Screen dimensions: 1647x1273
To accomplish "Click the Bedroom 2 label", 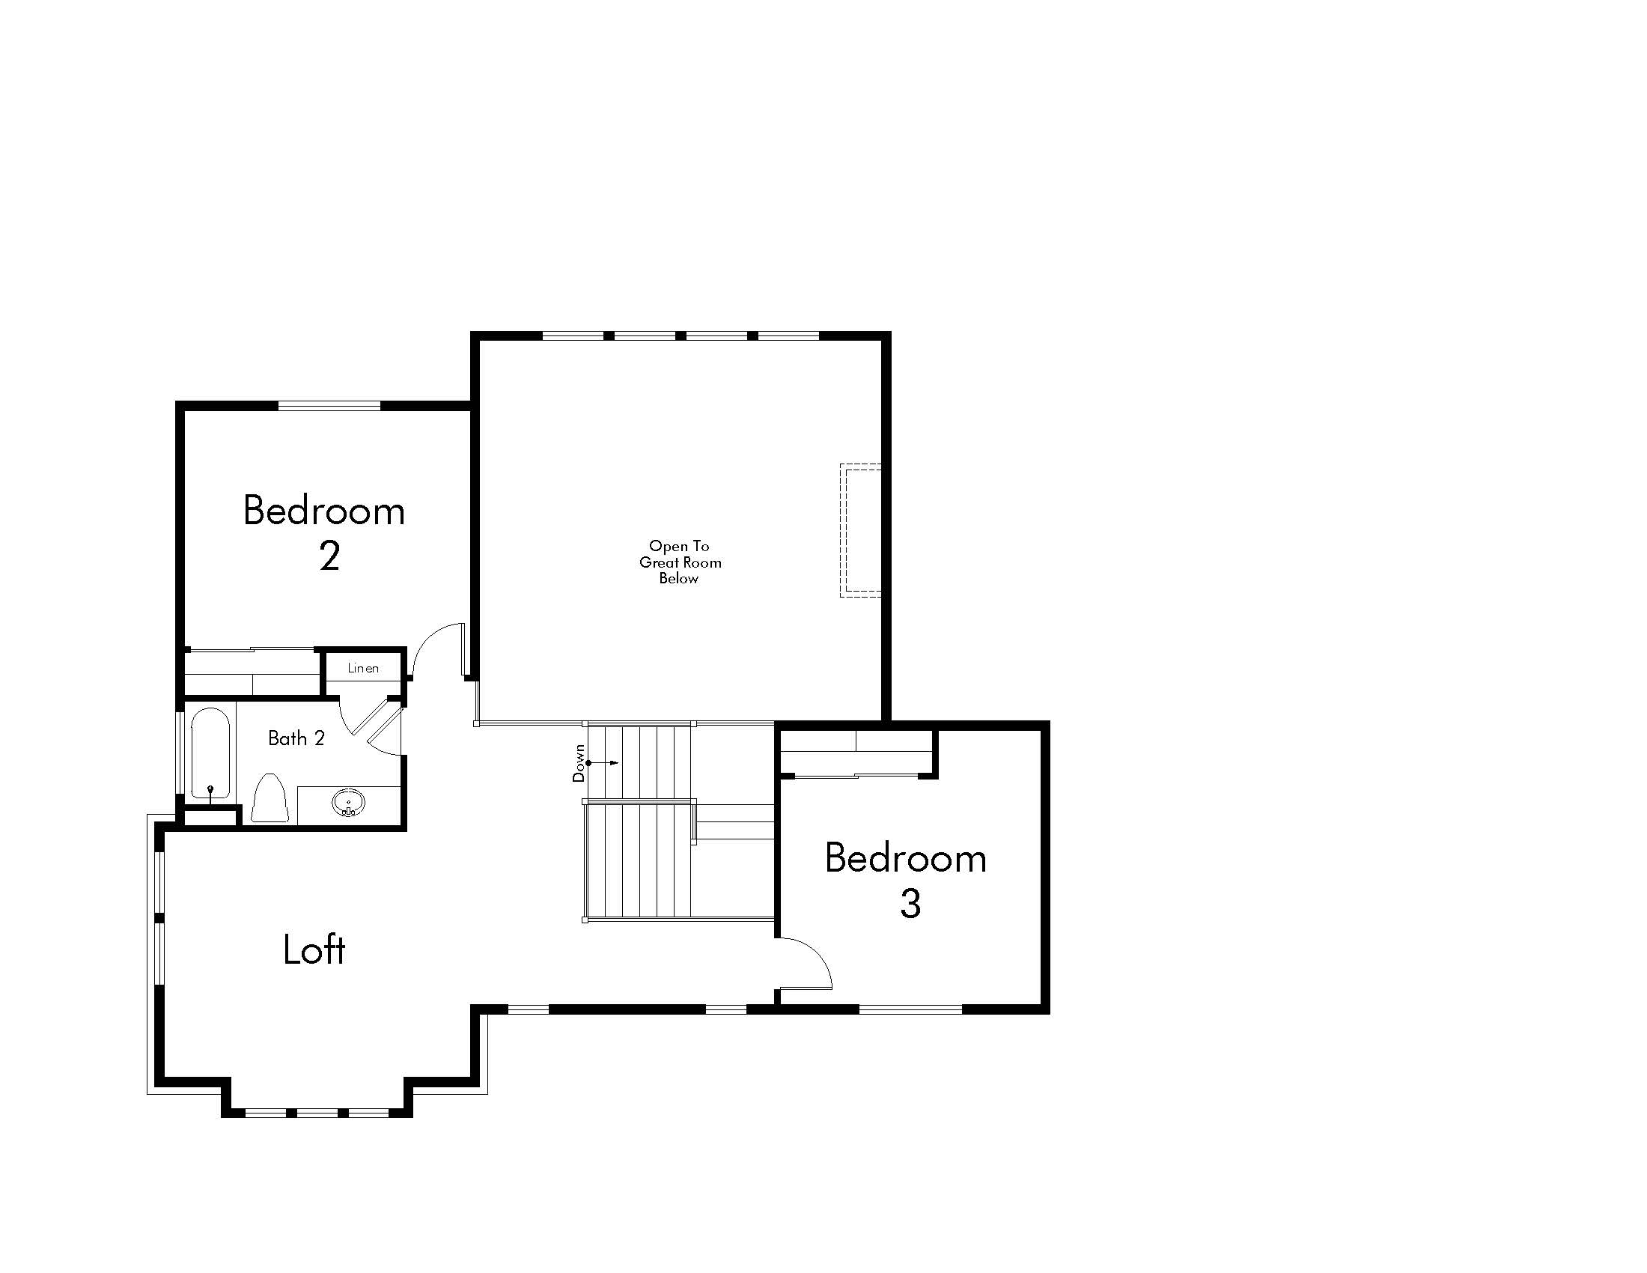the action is click(x=324, y=533).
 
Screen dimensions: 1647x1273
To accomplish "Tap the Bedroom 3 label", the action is click(x=906, y=880).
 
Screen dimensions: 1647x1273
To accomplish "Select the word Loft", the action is click(x=314, y=950).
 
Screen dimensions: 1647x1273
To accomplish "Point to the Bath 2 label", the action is click(x=296, y=738).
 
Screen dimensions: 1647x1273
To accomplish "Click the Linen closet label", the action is click(x=363, y=667).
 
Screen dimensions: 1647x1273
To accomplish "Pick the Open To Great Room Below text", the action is click(x=680, y=562).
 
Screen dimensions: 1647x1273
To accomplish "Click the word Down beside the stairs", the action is click(x=579, y=763).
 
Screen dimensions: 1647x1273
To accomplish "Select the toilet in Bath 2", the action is click(x=270, y=798).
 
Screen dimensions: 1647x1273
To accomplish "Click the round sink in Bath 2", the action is click(x=348, y=803).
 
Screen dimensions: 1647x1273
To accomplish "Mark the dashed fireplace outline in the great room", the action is click(x=860, y=530).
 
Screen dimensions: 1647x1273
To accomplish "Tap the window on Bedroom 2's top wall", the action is click(x=329, y=406).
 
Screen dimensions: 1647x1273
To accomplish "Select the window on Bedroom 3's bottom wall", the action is click(x=911, y=1009).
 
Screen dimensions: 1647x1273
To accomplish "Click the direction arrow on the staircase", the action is click(x=603, y=763).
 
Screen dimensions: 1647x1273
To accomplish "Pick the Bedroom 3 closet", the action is click(x=856, y=752).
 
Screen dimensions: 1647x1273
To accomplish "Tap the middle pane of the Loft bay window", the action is click(x=317, y=1112).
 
